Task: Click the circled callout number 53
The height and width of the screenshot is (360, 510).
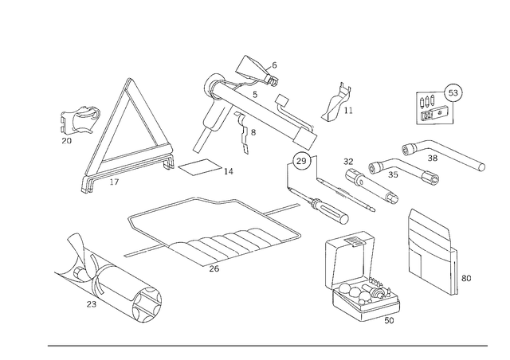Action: click(453, 93)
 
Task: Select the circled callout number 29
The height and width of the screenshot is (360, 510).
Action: click(301, 161)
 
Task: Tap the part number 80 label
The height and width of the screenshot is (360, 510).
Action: click(465, 279)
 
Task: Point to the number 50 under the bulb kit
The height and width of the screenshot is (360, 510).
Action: click(389, 320)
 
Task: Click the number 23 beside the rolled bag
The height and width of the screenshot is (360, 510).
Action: click(92, 304)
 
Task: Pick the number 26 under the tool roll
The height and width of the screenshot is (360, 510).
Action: click(214, 268)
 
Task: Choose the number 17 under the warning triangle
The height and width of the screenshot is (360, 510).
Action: click(114, 182)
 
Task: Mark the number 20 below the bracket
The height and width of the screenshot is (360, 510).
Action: click(67, 141)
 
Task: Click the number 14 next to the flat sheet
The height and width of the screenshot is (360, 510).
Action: click(229, 171)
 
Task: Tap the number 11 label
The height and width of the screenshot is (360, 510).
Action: click(348, 111)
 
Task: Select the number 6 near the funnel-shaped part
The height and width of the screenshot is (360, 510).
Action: click(274, 65)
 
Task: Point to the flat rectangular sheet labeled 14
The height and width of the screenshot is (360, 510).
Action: click(199, 167)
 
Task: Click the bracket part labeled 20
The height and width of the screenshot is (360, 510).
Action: click(78, 119)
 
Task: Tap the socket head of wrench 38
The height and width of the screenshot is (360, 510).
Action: click(410, 150)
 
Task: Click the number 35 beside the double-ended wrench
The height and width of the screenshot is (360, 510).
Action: click(393, 174)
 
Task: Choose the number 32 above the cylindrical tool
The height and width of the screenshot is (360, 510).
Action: click(348, 162)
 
